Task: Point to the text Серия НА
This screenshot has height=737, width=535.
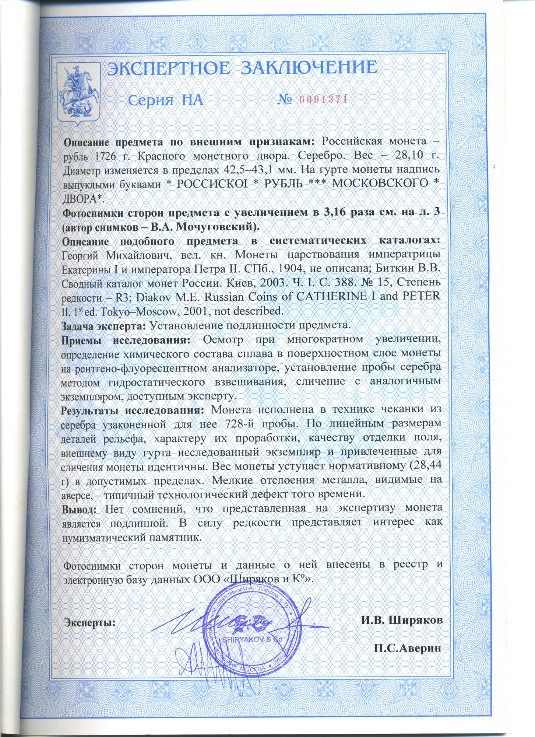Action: coord(166,100)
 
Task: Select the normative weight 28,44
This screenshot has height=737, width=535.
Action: coord(427,466)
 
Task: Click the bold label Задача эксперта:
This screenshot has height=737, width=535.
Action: coord(104,325)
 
